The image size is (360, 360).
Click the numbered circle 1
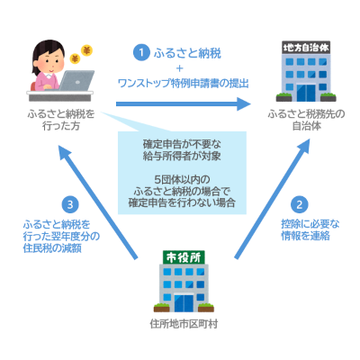141,53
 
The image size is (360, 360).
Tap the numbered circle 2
299,204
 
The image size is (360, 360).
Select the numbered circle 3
70,204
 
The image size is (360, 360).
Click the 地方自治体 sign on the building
306,48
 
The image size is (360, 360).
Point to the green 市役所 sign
184,257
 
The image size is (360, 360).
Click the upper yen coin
86,51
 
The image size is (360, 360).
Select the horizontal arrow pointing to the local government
184,103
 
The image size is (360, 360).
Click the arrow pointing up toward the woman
97,202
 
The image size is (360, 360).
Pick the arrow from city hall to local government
272,200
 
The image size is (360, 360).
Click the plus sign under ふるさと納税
180,68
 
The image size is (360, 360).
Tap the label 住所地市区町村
184,324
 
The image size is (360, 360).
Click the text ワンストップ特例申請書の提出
184,83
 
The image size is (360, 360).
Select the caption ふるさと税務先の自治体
306,120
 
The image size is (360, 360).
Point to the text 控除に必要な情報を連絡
310,229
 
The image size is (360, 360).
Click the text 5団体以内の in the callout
182,180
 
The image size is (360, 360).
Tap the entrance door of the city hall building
184,303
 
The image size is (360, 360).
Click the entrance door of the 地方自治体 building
306,93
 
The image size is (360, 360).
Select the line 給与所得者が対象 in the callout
182,156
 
